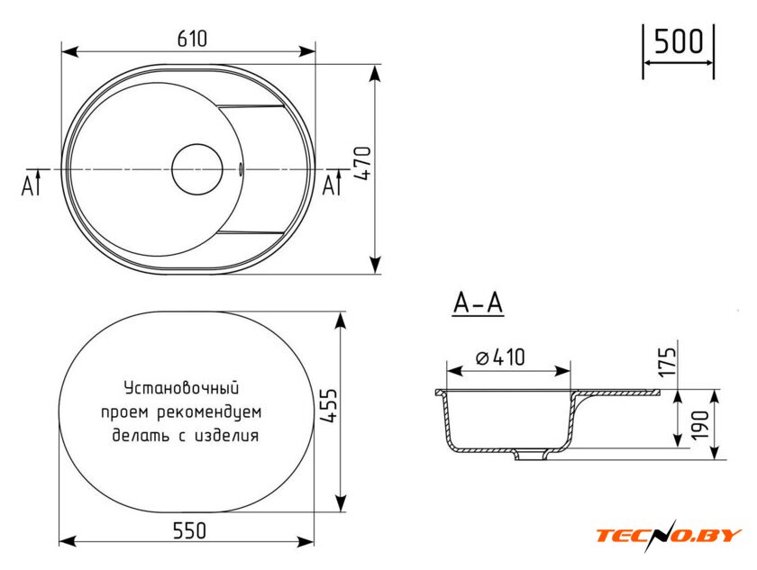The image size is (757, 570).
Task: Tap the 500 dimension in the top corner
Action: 678,42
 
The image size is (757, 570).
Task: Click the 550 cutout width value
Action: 189,530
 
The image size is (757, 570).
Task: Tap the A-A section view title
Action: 478,304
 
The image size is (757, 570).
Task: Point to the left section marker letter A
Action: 28,185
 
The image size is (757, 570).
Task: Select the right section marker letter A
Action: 329,185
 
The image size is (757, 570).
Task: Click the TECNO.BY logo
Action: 668,536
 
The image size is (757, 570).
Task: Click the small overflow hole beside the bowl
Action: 241,167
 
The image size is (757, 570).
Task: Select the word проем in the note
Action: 123,412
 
